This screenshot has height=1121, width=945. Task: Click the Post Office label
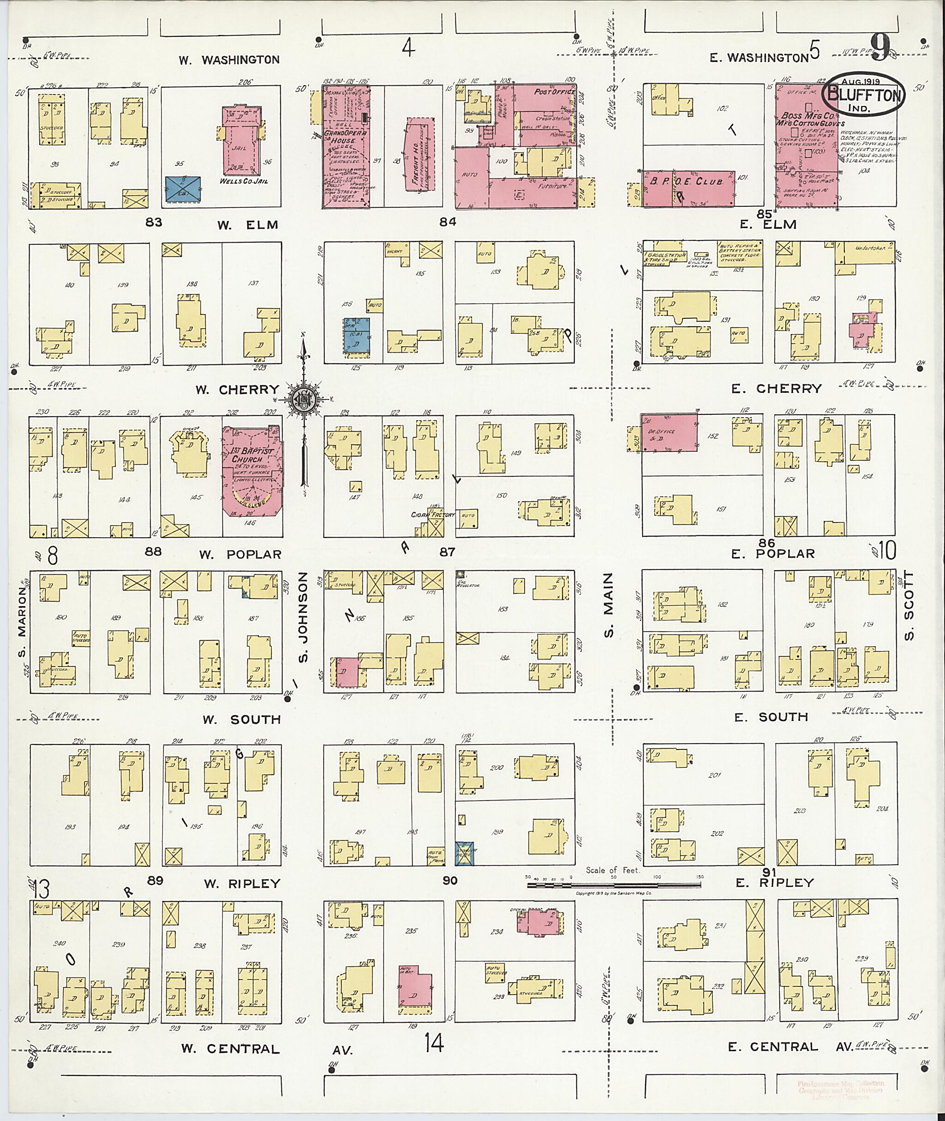[554, 92]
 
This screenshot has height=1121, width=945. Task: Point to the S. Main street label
[609, 605]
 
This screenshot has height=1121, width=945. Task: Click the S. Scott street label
[909, 606]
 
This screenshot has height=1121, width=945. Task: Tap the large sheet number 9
[879, 47]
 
